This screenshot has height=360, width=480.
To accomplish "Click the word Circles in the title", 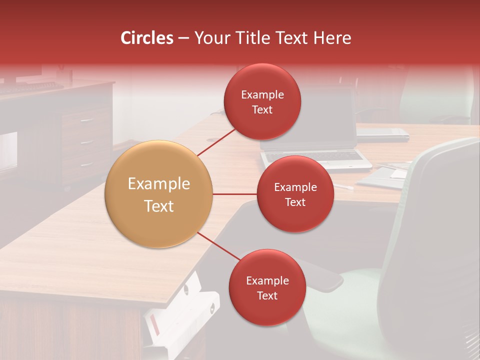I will coord(147,38).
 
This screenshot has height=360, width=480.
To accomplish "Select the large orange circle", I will coord(158,194).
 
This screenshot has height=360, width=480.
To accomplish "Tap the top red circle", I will coord(262,102).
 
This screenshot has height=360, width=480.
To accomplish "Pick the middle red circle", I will coord(295,194).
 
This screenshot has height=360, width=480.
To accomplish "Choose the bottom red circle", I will coord(267,288).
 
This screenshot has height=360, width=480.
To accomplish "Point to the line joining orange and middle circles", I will coord(234,194).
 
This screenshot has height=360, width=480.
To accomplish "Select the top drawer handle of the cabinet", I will coord(86,120).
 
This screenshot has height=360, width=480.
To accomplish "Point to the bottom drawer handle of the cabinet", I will coord(86,163).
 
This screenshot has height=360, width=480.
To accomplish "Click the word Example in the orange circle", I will coord(158,184).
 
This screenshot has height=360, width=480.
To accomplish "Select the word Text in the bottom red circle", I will coord(267,295).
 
